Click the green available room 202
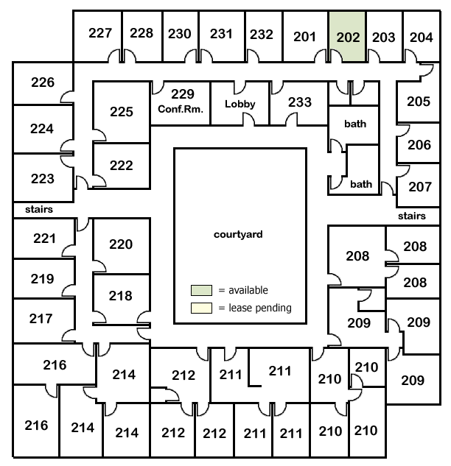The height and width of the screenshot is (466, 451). pos(347,37)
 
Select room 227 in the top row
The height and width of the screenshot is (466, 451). pos(99,33)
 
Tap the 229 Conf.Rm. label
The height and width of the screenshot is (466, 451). pos(181,101)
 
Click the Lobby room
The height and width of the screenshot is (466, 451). pos(240,104)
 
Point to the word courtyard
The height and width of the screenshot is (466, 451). pos(238,235)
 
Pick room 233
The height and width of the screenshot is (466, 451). pos(299,102)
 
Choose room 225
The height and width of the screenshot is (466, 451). pos(121,112)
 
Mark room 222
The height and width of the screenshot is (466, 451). pos(121,165)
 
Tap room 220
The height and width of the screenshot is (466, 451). pos(120,244)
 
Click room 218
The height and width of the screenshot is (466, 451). pos(120,296)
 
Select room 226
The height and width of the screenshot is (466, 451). pos(43,82)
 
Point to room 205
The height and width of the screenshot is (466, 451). pos(418,102)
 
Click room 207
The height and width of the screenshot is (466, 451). pos(419,186)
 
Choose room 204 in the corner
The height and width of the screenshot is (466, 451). pos(421,37)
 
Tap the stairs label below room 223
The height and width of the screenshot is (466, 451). pos(38,209)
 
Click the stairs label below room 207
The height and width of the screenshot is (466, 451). pos(412,216)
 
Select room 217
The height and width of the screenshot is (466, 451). pos(41,319)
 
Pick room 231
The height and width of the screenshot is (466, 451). pos(221,33)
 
